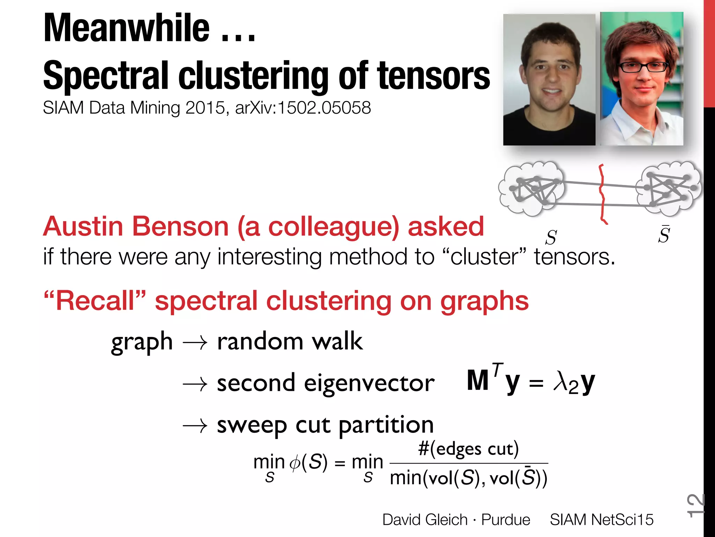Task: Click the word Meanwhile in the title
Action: (x=126, y=28)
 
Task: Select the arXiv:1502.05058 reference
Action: (x=303, y=108)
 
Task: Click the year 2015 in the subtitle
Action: (x=205, y=108)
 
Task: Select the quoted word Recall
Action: (x=95, y=301)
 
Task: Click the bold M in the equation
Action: (x=478, y=381)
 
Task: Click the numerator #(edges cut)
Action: (x=469, y=449)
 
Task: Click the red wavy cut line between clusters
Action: (x=602, y=194)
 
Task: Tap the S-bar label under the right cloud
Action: (x=664, y=235)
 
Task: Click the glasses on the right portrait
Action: (x=643, y=66)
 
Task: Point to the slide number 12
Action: (x=695, y=506)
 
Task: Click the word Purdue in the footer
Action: (x=506, y=520)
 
